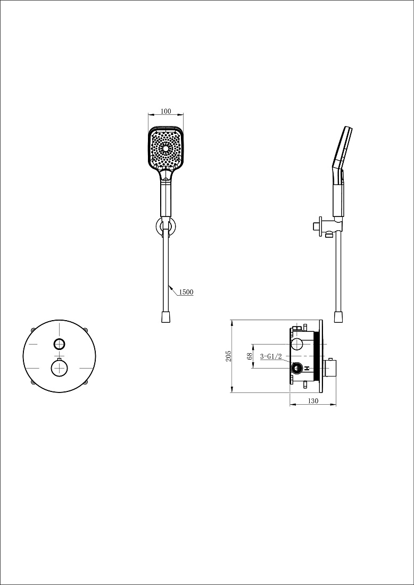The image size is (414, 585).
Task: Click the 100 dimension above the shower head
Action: point(165,111)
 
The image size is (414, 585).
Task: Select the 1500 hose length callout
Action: point(186,292)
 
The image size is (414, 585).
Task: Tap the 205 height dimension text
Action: point(229,356)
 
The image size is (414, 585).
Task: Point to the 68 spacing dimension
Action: point(250,356)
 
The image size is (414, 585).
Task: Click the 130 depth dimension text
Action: point(313,400)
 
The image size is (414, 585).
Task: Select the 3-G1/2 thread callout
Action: point(271,357)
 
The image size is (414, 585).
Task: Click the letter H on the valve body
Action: point(307,368)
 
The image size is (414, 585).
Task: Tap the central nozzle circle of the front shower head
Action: point(165,148)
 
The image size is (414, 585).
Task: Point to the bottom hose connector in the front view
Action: point(165,317)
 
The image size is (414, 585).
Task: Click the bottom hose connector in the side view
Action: point(338,317)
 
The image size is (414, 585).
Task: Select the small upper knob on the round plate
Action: point(60,344)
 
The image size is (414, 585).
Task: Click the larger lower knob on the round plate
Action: point(60,368)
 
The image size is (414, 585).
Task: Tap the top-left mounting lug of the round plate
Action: point(33,330)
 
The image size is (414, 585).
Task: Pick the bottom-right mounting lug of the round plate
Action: point(86,382)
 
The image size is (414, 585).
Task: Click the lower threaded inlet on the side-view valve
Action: point(297,369)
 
